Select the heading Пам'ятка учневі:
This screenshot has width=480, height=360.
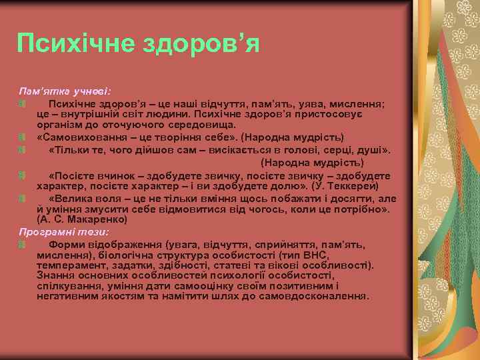[65, 90]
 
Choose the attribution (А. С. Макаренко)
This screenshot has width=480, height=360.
[82, 219]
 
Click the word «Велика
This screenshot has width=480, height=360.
[69, 199]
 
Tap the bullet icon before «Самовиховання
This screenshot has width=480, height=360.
[22, 137]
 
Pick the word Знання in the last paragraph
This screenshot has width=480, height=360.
[54, 276]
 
